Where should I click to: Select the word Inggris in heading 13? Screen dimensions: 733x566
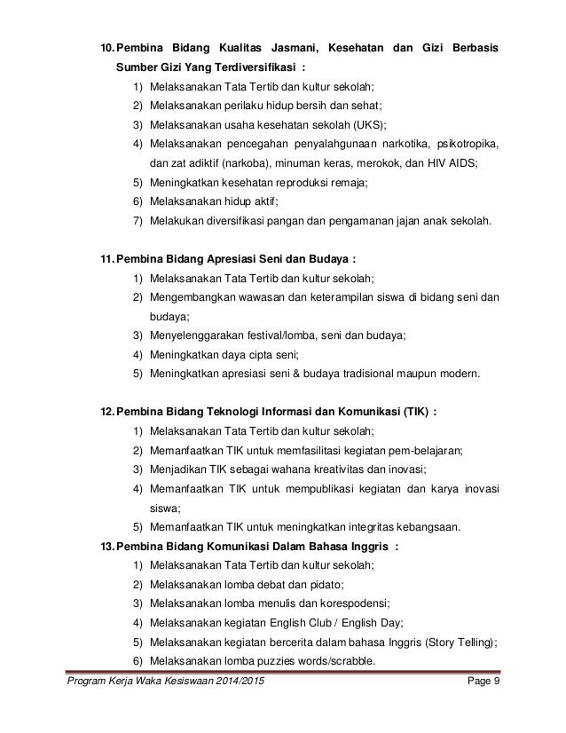click(x=362, y=546)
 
